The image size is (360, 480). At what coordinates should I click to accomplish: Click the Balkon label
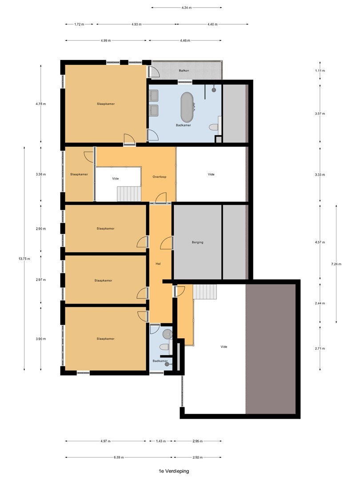[x=184, y=71]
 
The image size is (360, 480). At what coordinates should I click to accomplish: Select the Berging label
[x=197, y=242]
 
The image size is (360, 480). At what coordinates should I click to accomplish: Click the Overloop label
[x=160, y=176]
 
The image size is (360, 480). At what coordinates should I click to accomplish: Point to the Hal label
[x=158, y=264]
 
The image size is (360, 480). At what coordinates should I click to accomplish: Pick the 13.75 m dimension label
[x=24, y=259]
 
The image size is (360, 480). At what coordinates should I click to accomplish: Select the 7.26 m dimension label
[x=336, y=264]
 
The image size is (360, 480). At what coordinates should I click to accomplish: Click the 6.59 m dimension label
[x=119, y=457]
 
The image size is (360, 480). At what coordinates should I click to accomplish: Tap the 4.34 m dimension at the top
[x=186, y=8]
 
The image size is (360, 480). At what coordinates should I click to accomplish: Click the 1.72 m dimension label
[x=79, y=24]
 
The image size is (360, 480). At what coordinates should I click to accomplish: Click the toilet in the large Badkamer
[x=214, y=126]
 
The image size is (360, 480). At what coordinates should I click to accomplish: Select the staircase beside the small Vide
[x=129, y=194]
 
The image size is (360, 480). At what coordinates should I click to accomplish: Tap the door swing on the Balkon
[x=154, y=71]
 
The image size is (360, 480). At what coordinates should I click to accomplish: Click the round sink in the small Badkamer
[x=167, y=334]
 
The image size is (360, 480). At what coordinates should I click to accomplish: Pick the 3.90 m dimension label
[x=41, y=339]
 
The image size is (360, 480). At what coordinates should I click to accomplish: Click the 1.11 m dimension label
[x=320, y=71]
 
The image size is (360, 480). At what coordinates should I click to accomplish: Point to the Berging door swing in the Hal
[x=166, y=242]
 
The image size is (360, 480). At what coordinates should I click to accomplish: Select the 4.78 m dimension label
[x=41, y=104]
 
